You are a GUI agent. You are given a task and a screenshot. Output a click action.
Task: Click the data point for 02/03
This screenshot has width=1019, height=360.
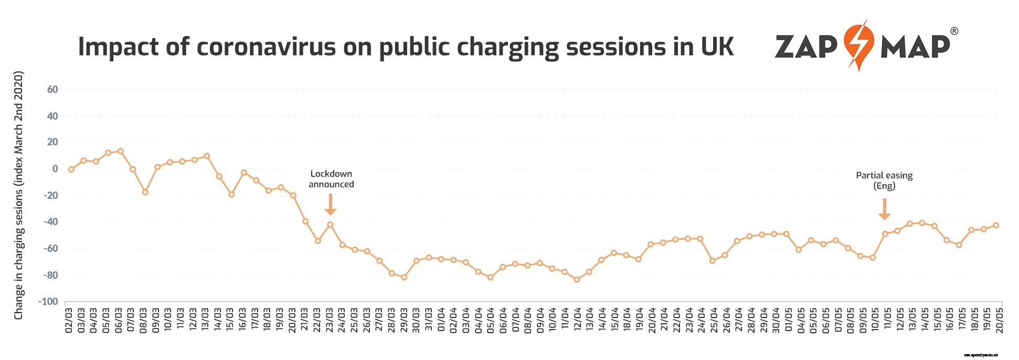[x=71, y=170]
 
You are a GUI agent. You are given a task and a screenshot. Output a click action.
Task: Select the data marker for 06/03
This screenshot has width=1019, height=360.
[x=120, y=151]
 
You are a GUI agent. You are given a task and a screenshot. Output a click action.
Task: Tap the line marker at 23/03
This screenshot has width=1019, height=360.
[x=330, y=225]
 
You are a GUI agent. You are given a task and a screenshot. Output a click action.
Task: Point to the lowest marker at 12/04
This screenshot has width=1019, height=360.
[x=577, y=280]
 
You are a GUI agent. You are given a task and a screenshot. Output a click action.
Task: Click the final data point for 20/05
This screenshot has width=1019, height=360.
[x=996, y=226]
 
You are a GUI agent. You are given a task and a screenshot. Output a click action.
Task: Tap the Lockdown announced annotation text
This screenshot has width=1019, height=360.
[x=331, y=179]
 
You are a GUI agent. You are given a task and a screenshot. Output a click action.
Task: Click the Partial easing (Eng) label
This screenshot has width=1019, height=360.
[x=884, y=181]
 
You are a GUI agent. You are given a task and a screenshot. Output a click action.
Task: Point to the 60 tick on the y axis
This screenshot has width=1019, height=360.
[x=52, y=90]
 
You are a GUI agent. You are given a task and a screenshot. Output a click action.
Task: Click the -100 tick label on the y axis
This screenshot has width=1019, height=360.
[x=48, y=302]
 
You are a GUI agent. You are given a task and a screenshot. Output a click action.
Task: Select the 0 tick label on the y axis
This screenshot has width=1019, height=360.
[x=55, y=169]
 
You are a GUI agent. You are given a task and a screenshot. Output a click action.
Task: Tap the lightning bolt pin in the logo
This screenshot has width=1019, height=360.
[x=858, y=45]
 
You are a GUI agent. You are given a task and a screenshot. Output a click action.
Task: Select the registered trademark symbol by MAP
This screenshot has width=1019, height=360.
[x=954, y=31]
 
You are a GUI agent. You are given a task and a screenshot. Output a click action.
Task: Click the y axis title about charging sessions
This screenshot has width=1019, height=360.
[x=19, y=195]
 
